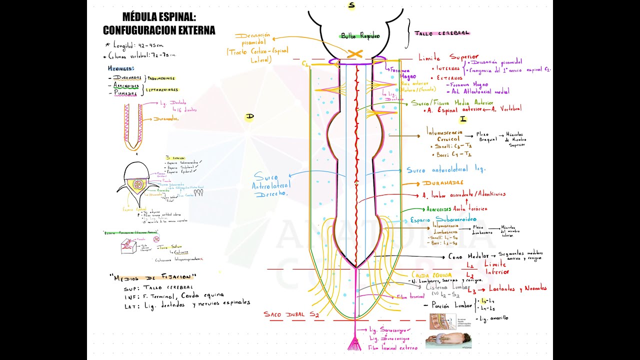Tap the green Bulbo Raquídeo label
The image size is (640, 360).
(x=360, y=35)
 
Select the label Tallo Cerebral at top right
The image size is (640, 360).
(x=442, y=33)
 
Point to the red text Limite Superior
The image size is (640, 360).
(x=448, y=57)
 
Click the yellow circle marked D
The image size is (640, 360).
(x=249, y=117)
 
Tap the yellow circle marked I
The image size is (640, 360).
(x=463, y=119)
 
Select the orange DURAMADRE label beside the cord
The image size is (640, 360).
(x=442, y=183)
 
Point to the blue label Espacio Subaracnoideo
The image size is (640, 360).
(x=443, y=219)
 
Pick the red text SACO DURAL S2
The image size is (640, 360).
(x=291, y=314)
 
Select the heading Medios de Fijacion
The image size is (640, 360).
(x=153, y=276)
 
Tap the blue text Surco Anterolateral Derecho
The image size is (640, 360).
(x=271, y=185)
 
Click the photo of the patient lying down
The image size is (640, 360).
(x=448, y=340)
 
